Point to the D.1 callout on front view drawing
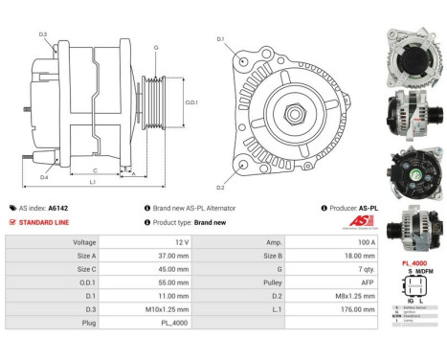[x=220, y=39]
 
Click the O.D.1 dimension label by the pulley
[x=190, y=102]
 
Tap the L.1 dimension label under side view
[x=92, y=182]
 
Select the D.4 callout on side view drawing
[x=44, y=176]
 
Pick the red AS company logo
[x=359, y=221]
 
